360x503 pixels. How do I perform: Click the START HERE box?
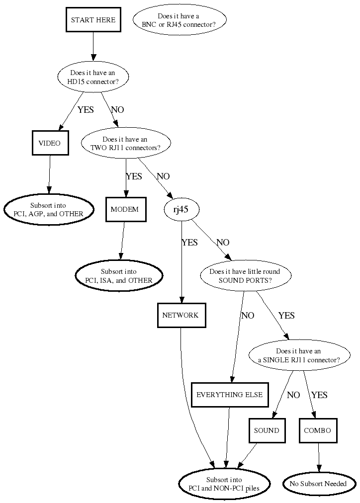click(x=93, y=20)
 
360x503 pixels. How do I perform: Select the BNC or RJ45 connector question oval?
click(x=180, y=20)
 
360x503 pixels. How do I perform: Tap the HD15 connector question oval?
click(x=93, y=77)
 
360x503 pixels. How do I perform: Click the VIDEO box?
click(x=50, y=143)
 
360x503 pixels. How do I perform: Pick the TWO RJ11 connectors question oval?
click(x=125, y=144)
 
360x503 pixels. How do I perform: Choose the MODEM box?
click(x=125, y=209)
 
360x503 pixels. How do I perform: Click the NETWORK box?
click(x=180, y=315)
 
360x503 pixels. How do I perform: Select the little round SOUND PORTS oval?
click(x=245, y=276)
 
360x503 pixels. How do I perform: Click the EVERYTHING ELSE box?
click(x=230, y=395)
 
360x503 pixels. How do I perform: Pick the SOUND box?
click(x=267, y=430)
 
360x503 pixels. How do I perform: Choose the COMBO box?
click(x=318, y=430)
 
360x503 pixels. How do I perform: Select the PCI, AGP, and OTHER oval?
click(x=49, y=209)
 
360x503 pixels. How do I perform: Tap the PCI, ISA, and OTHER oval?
click(x=119, y=276)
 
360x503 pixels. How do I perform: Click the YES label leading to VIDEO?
click(x=86, y=110)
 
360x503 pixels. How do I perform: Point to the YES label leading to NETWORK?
click(x=190, y=243)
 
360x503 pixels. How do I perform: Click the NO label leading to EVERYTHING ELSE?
click(x=248, y=316)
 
